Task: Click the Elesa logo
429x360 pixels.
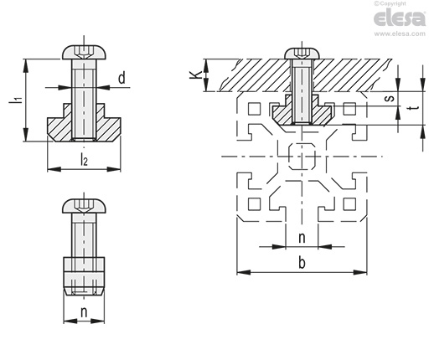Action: [400, 18]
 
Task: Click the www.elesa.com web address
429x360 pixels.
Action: [400, 33]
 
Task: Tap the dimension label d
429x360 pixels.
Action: [121, 78]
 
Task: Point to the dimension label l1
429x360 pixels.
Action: [16, 100]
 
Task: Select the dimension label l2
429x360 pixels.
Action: [84, 159]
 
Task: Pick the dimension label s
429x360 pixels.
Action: [390, 98]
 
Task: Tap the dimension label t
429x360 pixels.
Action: [416, 108]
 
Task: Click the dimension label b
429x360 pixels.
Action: [302, 263]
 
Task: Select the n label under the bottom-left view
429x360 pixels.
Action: [84, 313]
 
